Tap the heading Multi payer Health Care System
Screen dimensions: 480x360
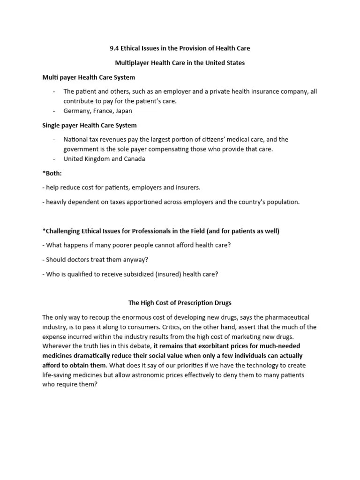pyautogui.click(x=89, y=77)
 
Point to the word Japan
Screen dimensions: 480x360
pyautogui.click(x=124, y=111)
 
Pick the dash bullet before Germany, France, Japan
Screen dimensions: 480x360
pyautogui.click(x=54, y=111)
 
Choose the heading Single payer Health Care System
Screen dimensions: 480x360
pyautogui.click(x=90, y=126)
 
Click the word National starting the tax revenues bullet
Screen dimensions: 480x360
pyautogui.click(x=76, y=140)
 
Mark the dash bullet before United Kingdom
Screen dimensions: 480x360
pyautogui.click(x=54, y=159)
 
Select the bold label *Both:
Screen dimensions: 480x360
pyautogui.click(x=52, y=173)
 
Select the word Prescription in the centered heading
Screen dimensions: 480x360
pyautogui.click(x=197, y=303)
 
